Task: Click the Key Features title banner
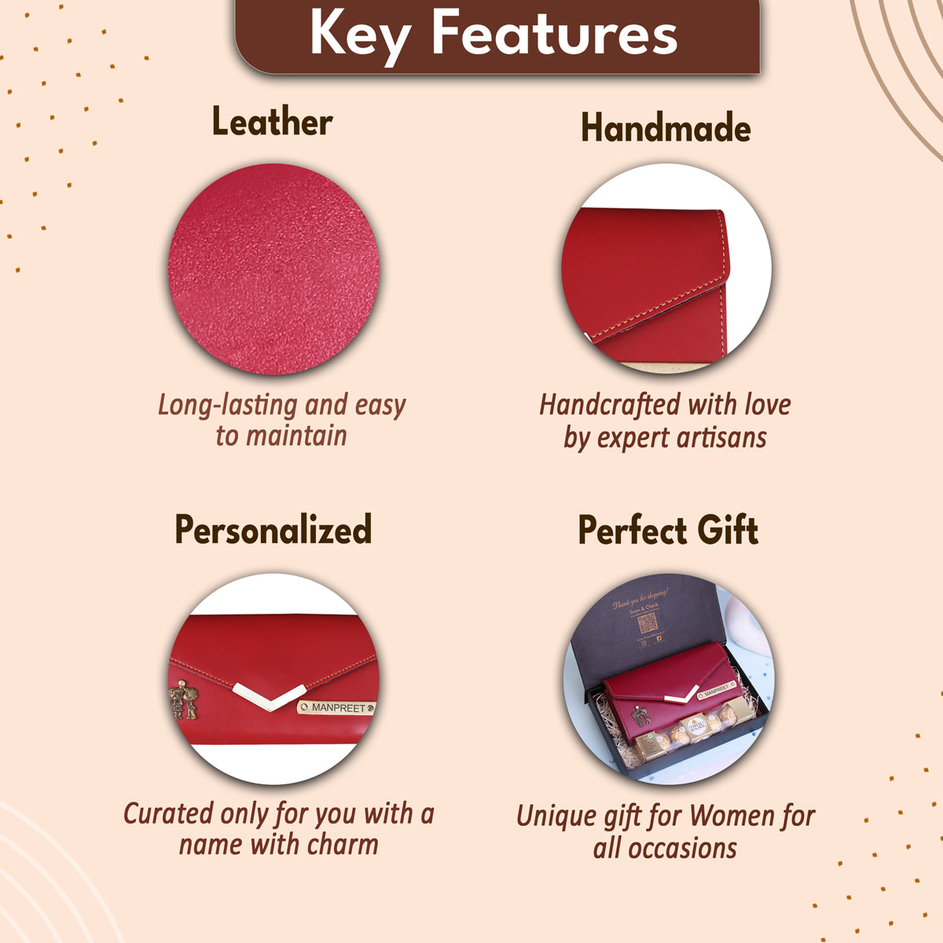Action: point(497,35)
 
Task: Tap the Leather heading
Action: point(272,123)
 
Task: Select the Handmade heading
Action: point(666,128)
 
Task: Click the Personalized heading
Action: point(273,530)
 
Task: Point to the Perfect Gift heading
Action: point(668,530)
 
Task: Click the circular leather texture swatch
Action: point(273,269)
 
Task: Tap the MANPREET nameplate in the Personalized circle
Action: point(337,708)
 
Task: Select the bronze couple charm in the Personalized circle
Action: point(183,699)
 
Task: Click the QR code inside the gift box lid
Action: point(647,625)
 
